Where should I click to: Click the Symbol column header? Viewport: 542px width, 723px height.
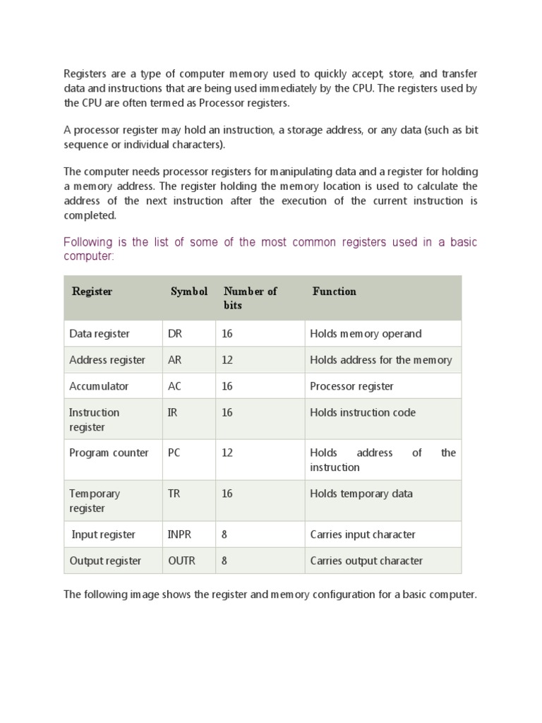point(189,292)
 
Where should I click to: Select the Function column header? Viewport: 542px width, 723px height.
point(334,292)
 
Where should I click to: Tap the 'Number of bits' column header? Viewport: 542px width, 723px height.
point(250,298)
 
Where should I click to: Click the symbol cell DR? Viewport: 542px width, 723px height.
point(175,334)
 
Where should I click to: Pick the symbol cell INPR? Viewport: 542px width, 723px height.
point(179,534)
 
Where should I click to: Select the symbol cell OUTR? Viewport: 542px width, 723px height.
point(181,561)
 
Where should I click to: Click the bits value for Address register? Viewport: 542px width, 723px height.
point(227,360)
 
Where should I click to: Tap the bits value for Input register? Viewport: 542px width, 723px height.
point(224,534)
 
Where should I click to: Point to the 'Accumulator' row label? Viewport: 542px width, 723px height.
point(99,386)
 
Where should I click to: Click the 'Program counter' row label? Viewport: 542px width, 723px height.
point(109,453)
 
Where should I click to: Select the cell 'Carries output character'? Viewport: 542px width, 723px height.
point(366,561)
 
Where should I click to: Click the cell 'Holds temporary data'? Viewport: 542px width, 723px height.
point(361,494)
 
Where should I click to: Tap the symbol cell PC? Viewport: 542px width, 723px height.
point(174,453)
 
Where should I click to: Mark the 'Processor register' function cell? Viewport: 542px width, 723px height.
point(351,386)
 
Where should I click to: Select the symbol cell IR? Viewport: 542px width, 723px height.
point(172,412)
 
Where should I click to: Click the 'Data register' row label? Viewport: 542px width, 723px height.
point(100,334)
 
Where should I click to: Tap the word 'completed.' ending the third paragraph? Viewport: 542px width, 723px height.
point(90,215)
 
